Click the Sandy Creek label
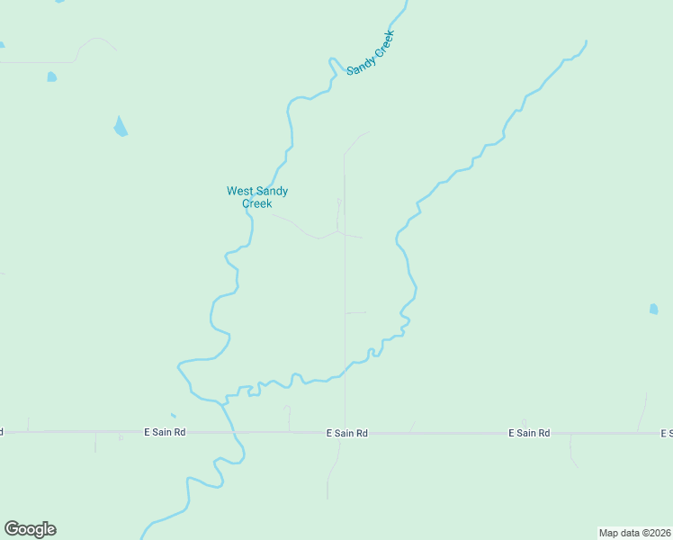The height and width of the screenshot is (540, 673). (x=371, y=52)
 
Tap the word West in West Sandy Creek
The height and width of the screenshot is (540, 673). (x=238, y=191)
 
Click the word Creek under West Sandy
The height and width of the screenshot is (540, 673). (x=257, y=203)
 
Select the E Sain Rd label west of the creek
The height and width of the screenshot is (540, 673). (x=165, y=433)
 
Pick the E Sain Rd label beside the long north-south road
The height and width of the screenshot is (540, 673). (x=347, y=434)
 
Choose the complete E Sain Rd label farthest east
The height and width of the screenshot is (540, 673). (x=529, y=434)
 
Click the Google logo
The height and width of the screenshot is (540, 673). (x=31, y=529)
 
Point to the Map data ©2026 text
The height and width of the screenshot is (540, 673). (x=634, y=533)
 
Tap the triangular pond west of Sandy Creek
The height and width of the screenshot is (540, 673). (x=120, y=126)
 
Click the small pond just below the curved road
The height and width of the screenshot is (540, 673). (x=51, y=77)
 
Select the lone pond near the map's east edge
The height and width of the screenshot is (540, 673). (x=653, y=310)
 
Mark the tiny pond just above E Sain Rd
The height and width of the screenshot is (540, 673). (x=173, y=416)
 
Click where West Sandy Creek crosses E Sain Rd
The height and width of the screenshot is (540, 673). (x=232, y=433)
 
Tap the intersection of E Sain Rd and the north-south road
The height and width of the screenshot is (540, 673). (x=345, y=433)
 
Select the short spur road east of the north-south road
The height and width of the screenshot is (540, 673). (x=356, y=313)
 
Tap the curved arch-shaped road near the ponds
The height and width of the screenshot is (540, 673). (x=97, y=43)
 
